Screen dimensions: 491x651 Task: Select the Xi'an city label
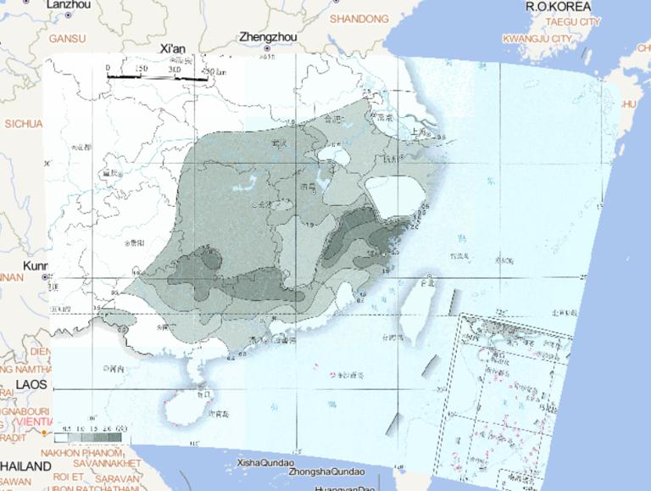coord(172,49)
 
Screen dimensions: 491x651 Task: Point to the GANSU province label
coord(68,38)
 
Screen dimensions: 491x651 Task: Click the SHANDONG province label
coord(359,19)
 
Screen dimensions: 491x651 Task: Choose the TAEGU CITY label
coord(573,21)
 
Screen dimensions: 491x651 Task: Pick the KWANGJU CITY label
coord(537,39)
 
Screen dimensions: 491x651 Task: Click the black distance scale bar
coord(157,78)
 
